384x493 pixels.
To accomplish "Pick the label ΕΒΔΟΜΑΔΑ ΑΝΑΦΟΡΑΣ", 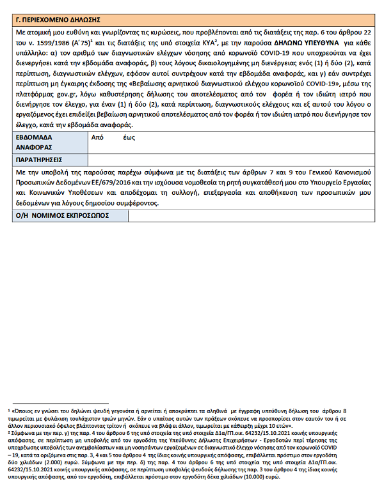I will click(36, 142).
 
